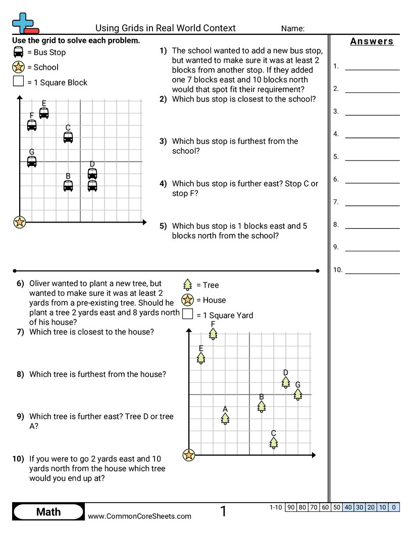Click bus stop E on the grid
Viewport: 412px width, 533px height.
[x=44, y=113]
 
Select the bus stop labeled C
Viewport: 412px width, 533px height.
[x=68, y=137]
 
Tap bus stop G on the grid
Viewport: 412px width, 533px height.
[x=32, y=162]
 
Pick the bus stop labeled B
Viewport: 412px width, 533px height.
[x=68, y=186]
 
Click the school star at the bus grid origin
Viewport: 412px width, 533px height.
[x=19, y=222]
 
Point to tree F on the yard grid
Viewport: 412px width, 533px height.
[x=213, y=334]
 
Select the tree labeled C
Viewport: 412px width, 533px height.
[x=274, y=443]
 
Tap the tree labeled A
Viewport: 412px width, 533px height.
[x=225, y=419]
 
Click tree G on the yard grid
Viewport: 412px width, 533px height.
[x=298, y=394]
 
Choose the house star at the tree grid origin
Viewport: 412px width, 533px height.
[x=189, y=455]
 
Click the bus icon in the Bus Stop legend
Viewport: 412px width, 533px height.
[x=18, y=52]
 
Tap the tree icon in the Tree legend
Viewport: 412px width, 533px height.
[x=187, y=285]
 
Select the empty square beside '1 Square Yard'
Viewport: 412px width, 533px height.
[x=188, y=314]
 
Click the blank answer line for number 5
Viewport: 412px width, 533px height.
[x=372, y=160]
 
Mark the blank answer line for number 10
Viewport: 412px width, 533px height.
[x=372, y=273]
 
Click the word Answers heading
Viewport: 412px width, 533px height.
[x=372, y=41]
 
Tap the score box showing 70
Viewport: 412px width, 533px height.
[x=314, y=507]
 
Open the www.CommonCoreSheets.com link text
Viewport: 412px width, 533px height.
[x=139, y=516]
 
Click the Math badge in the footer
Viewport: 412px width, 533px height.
[x=48, y=512]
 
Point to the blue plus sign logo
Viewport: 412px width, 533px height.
[x=23, y=23]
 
